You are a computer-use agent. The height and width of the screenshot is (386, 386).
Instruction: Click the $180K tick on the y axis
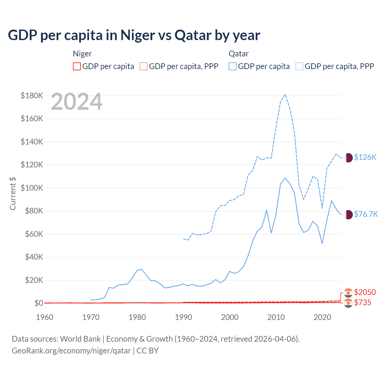click(x=32, y=96)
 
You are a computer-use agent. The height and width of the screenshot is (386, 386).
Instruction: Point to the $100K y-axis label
click(x=32, y=188)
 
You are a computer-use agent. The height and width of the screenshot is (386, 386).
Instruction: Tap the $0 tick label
click(x=39, y=303)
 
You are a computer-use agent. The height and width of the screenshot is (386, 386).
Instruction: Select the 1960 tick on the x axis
click(x=45, y=317)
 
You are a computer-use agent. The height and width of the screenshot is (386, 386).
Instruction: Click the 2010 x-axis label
click(x=276, y=317)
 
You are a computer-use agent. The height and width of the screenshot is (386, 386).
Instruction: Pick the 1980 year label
click(x=137, y=317)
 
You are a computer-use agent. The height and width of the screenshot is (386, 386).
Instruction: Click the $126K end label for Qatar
click(x=365, y=157)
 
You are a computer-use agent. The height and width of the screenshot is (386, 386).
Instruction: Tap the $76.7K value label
click(x=366, y=214)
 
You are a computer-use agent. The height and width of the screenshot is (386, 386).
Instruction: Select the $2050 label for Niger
click(x=365, y=292)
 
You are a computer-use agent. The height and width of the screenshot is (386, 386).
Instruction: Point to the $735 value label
click(x=363, y=302)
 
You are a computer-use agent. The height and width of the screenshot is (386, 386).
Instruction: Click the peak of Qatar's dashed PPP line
click(x=285, y=94)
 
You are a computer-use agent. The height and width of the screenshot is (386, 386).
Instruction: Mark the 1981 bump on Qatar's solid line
click(x=141, y=269)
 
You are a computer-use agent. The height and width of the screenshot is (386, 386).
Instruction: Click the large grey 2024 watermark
click(x=77, y=102)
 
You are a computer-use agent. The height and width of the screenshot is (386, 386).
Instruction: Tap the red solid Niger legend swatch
click(x=77, y=66)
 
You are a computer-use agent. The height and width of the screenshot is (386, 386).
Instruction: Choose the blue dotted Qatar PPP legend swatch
click(x=299, y=66)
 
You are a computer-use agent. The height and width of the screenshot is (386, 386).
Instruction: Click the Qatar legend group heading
click(x=239, y=54)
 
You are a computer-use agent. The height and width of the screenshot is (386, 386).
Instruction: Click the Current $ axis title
click(x=13, y=193)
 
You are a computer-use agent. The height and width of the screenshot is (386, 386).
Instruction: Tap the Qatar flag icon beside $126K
click(x=348, y=157)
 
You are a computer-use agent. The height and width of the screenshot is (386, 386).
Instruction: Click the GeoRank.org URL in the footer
click(x=71, y=351)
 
